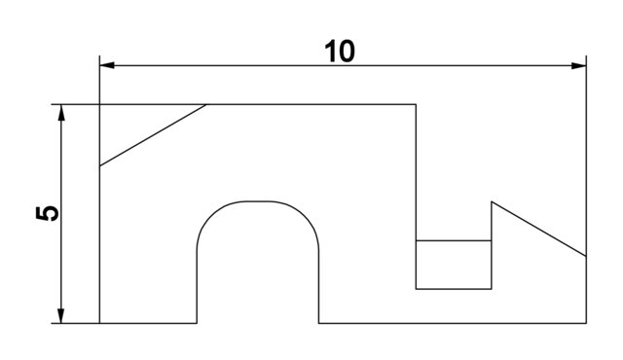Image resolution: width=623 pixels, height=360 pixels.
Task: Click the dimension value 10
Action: [340, 52]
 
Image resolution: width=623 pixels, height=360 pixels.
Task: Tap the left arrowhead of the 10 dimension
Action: [107, 65]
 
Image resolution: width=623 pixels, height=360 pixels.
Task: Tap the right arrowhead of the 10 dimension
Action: [579, 65]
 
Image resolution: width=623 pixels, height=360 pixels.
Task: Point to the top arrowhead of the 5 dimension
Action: [61, 111]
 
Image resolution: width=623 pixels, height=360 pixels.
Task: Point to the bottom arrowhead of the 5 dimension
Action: [61, 315]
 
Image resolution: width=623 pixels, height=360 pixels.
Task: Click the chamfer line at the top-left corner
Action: [153, 135]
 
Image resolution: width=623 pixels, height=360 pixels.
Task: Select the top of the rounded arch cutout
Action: [258, 201]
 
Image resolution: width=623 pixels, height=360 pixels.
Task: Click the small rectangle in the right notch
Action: [454, 265]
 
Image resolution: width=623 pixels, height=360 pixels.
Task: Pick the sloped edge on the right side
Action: [538, 229]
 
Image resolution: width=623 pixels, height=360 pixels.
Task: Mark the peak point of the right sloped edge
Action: [492, 201]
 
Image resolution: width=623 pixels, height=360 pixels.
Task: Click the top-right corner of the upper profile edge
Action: [417, 104]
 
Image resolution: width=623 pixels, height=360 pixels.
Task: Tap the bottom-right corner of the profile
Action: [586, 323]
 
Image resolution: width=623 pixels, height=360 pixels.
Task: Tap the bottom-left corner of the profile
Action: [100, 323]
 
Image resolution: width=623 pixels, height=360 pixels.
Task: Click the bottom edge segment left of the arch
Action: [148, 323]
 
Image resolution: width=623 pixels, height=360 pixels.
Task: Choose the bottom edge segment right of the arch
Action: [453, 323]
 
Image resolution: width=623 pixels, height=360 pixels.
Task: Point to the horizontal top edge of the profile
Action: [311, 104]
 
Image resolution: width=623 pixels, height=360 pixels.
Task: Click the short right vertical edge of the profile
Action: [586, 289]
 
